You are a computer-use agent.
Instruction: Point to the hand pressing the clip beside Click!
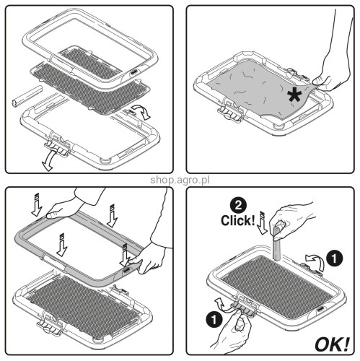click(x=296, y=214)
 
